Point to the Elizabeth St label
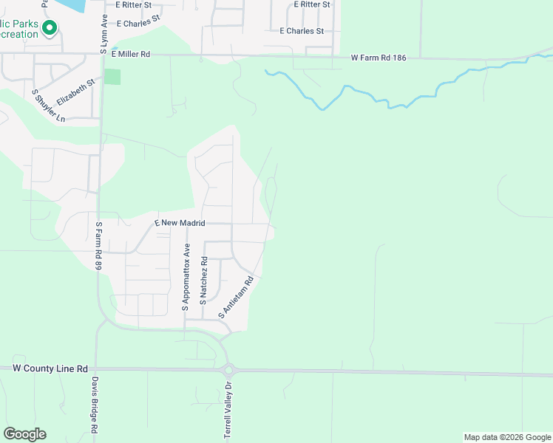(76, 92)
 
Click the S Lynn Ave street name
(104, 32)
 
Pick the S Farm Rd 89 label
(98, 246)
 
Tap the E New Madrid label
(179, 222)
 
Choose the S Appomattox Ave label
(187, 277)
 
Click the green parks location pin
(50, 28)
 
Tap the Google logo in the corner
(24, 434)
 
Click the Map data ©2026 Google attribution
(507, 437)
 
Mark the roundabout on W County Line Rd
(228, 370)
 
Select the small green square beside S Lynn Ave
(112, 76)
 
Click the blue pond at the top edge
(74, 4)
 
